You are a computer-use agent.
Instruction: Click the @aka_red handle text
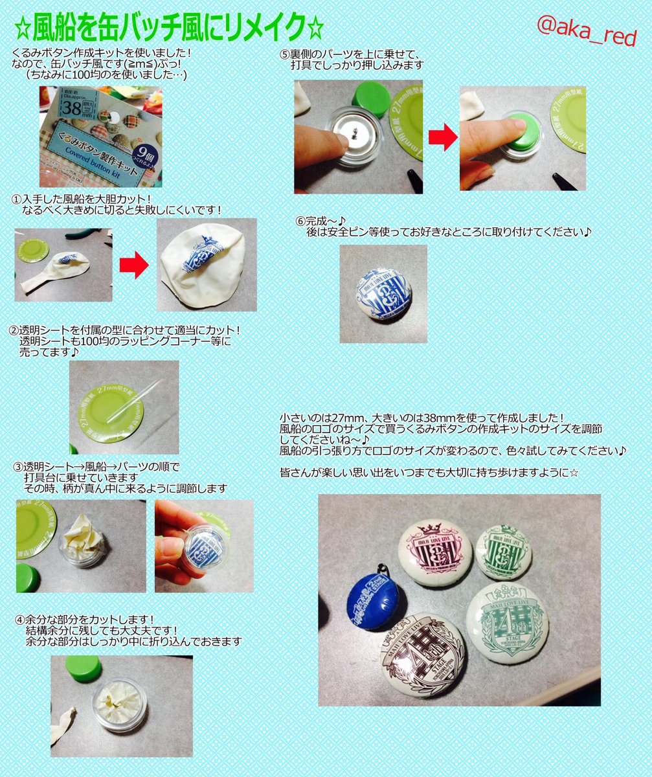(587, 30)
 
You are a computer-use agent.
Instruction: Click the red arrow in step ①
(134, 265)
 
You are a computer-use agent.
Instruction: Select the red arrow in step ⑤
(442, 137)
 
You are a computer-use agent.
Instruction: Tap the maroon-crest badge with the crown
(434, 554)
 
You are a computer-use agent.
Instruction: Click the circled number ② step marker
(17, 330)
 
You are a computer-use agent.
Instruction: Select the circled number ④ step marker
(17, 620)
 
